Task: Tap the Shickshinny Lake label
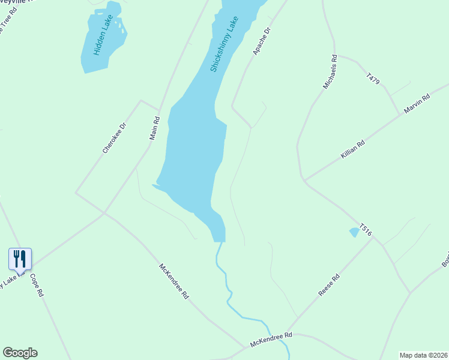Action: point(224,44)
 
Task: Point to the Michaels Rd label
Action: point(331,72)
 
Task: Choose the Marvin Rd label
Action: point(418,104)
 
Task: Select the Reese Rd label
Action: point(329,285)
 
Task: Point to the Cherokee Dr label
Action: point(114,139)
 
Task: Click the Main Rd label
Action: point(154,128)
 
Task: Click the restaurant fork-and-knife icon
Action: point(20,259)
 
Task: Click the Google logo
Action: point(20,353)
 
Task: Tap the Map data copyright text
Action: point(423,355)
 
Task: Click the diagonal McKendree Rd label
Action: point(174,281)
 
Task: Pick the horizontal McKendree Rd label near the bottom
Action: point(271,340)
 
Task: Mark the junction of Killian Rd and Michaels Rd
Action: point(304,180)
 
